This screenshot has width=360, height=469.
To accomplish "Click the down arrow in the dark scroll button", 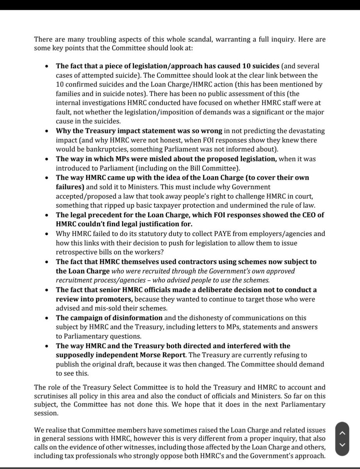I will (342, 445).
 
